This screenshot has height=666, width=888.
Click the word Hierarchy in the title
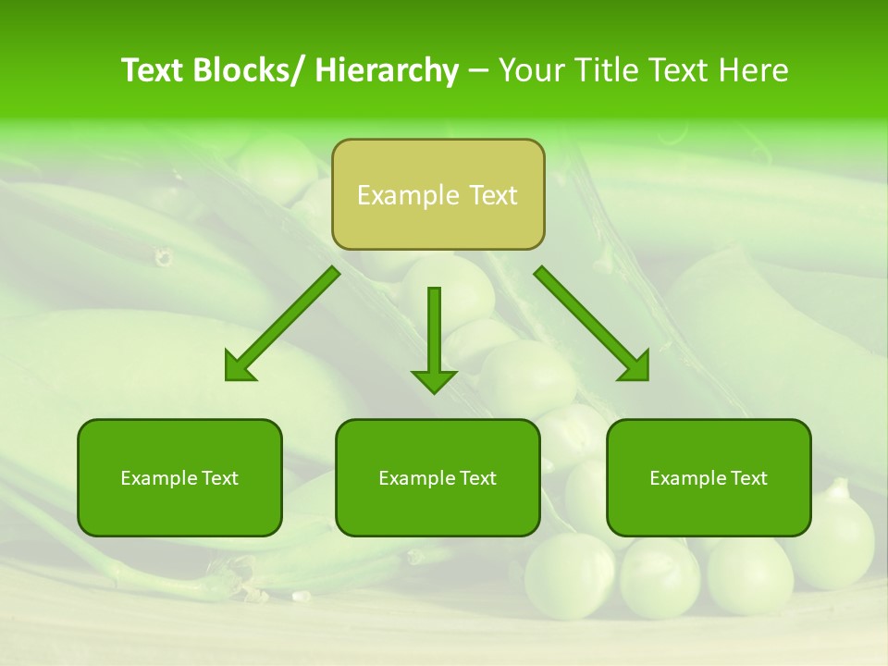(387, 70)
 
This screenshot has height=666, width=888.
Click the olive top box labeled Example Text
(438, 194)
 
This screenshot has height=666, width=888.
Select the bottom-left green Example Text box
(179, 477)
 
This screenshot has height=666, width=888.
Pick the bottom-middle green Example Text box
(438, 477)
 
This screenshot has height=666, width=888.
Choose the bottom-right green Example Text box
(709, 477)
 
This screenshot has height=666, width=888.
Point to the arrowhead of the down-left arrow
(240, 367)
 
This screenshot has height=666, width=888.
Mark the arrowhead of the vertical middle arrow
(434, 380)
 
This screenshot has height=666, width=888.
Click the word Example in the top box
(396, 195)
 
